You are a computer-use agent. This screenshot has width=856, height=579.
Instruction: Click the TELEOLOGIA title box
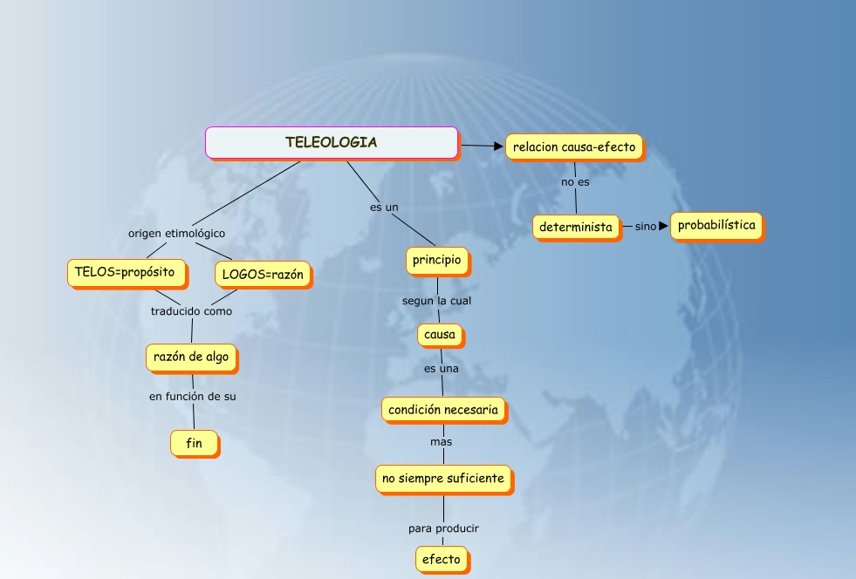pyautogui.click(x=332, y=143)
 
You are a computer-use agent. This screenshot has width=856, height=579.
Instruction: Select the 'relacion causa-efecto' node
pyautogui.click(x=574, y=146)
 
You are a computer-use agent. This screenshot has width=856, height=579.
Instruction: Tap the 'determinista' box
pyautogui.click(x=576, y=228)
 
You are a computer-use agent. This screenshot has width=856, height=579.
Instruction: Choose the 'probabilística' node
pyautogui.click(x=717, y=226)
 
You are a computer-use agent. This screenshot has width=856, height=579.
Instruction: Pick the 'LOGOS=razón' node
pyautogui.click(x=263, y=275)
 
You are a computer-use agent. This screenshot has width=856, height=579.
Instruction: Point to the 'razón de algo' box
pyautogui.click(x=191, y=357)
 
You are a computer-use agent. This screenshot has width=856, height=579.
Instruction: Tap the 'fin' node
pyautogui.click(x=194, y=444)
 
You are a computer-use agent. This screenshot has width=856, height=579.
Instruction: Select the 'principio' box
pyautogui.click(x=437, y=260)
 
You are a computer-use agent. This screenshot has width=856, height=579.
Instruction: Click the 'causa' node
pyautogui.click(x=441, y=335)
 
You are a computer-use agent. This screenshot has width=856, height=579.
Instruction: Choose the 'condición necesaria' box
pyautogui.click(x=443, y=409)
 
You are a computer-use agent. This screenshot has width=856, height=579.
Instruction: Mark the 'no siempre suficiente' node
pyautogui.click(x=444, y=479)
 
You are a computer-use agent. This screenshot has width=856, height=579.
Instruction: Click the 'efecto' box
pyautogui.click(x=442, y=559)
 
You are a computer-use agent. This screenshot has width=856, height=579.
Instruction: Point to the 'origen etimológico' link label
pyautogui.click(x=176, y=234)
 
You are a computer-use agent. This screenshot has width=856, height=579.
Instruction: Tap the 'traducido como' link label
pyautogui.click(x=191, y=310)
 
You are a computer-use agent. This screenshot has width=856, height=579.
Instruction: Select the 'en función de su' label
pyautogui.click(x=192, y=396)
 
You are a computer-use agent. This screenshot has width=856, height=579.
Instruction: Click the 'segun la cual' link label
pyautogui.click(x=437, y=301)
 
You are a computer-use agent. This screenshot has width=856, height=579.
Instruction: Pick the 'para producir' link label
pyautogui.click(x=443, y=528)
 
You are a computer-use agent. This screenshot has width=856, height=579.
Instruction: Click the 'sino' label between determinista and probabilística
pyautogui.click(x=646, y=227)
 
